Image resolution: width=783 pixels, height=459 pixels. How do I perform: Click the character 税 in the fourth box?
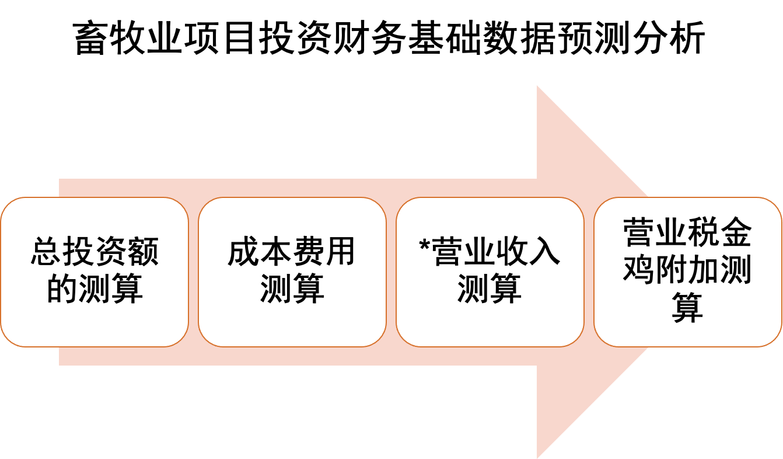point(704,234)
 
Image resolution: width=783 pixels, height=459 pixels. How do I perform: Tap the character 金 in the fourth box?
point(736,234)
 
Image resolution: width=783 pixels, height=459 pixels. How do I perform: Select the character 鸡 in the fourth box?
point(639,269)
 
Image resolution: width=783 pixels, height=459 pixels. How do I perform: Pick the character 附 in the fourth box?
point(672,269)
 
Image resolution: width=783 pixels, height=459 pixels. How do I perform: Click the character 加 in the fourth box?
point(704,269)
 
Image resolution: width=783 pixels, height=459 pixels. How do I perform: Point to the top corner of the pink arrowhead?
point(537,87)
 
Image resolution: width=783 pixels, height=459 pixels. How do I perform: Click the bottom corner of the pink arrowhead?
point(537,457)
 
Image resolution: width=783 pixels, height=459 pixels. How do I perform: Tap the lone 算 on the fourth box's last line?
point(687,306)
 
